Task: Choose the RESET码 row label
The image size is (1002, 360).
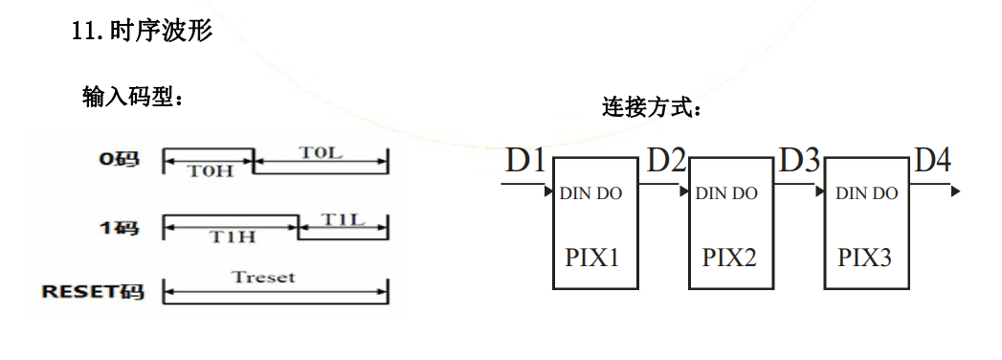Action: pos(93,291)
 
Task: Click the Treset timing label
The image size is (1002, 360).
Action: pos(263,278)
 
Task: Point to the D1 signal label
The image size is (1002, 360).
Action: pos(525,161)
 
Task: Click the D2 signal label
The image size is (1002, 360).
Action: pos(667,161)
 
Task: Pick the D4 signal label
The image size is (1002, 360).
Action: pos(933,161)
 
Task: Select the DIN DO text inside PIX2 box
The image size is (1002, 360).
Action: pos(726,193)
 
